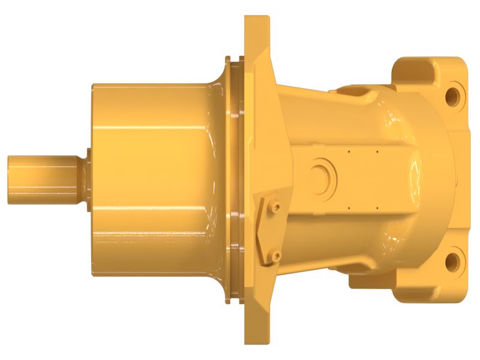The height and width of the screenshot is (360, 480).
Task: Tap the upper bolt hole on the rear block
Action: click(452, 95)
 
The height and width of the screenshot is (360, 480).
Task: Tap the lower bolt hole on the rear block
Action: click(452, 261)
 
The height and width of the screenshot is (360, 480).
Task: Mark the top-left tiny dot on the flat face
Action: click(349, 151)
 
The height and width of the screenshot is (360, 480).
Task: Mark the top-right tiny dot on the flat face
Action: click(377, 151)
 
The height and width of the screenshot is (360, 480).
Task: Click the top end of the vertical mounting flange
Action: click(257, 24)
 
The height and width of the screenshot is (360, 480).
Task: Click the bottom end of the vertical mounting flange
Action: click(257, 336)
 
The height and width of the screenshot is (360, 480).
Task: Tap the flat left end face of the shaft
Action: click(10, 179)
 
